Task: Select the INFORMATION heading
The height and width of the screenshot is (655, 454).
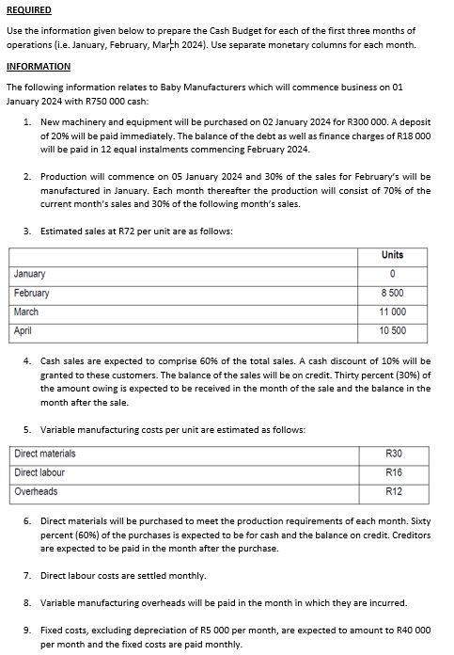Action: pyautogui.click(x=39, y=67)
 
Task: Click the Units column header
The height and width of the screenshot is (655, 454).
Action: pyautogui.click(x=392, y=255)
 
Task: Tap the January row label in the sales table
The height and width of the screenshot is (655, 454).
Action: pyautogui.click(x=30, y=274)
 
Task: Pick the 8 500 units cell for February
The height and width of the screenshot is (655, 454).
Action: pyautogui.click(x=392, y=293)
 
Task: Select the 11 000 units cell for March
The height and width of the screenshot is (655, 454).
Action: pyautogui.click(x=392, y=312)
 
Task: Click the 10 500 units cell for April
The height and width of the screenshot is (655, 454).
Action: pyautogui.click(x=392, y=330)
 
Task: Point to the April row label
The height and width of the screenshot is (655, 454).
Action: pyautogui.click(x=23, y=330)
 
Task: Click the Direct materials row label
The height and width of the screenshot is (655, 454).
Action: pyautogui.click(x=45, y=454)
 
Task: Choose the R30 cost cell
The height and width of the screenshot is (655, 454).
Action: pyautogui.click(x=393, y=454)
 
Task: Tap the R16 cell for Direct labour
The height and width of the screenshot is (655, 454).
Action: pyautogui.click(x=393, y=472)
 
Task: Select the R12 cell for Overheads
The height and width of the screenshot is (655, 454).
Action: pyautogui.click(x=393, y=491)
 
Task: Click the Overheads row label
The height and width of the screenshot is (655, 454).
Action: pyautogui.click(x=36, y=491)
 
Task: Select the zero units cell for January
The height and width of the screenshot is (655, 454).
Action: pyautogui.click(x=392, y=274)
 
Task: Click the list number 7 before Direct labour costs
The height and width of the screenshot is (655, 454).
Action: pyautogui.click(x=27, y=575)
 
